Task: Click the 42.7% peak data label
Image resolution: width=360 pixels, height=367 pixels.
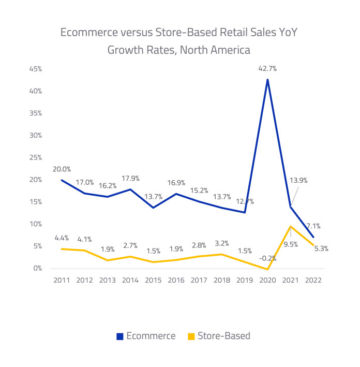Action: click(267, 68)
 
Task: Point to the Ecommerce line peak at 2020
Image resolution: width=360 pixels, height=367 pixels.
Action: click(267, 79)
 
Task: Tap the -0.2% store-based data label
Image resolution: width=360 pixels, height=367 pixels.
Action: click(267, 258)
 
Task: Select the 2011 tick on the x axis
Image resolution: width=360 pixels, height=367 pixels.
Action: click(61, 280)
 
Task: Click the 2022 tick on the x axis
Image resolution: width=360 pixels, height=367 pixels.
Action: click(313, 280)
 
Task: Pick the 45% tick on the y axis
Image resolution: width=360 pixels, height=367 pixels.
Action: click(35, 69)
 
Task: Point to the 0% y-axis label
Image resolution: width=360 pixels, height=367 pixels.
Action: click(37, 269)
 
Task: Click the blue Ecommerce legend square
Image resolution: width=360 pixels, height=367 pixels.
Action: click(120, 336)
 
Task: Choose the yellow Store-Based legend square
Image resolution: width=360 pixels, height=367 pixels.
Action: click(191, 336)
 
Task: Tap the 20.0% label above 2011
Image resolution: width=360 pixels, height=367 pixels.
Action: click(62, 169)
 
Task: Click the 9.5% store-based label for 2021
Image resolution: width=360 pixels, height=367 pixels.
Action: click(291, 244)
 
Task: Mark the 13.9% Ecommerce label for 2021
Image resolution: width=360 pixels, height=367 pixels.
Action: click(298, 181)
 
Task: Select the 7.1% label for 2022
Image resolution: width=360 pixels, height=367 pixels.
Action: click(313, 226)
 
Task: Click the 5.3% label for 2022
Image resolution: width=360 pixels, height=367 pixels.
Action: click(320, 248)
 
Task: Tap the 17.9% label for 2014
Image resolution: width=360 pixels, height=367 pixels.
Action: click(130, 179)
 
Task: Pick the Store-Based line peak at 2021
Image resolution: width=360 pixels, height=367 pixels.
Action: click(290, 226)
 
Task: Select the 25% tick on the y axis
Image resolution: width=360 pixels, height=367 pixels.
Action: click(35, 157)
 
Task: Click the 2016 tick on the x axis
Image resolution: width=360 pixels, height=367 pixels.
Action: click(176, 280)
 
